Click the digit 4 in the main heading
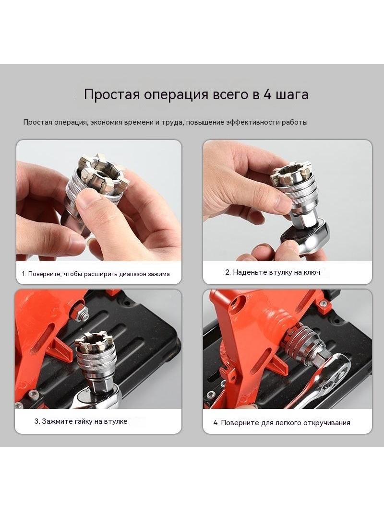click(267, 94)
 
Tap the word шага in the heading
click(292, 95)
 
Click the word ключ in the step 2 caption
click(312, 272)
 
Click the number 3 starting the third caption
click(36, 421)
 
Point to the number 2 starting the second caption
click(228, 272)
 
